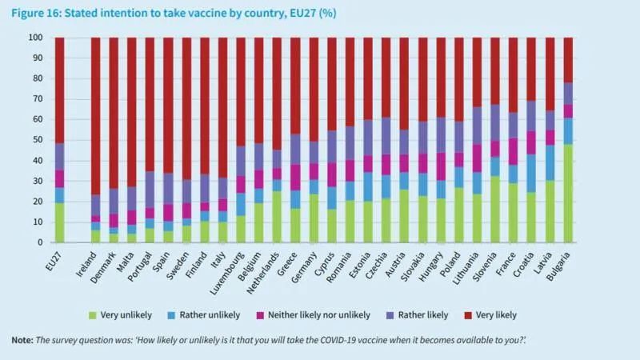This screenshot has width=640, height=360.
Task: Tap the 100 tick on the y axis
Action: click(35, 38)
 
